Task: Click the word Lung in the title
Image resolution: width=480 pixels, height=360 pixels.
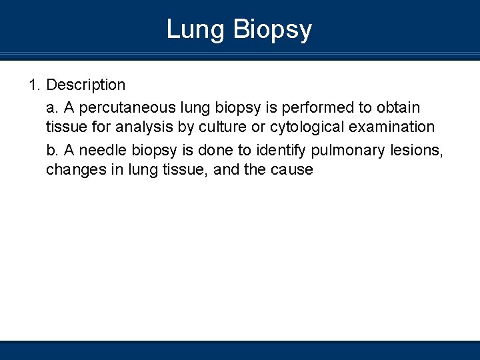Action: coord(195,30)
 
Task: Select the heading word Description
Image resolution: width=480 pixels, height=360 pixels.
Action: coord(86,85)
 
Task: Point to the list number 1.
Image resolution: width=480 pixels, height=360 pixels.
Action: coord(34,85)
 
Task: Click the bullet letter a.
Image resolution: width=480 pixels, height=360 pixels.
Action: coord(51,107)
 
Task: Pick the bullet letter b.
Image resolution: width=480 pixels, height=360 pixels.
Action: coord(51,150)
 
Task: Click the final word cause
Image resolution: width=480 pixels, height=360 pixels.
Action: coord(292,170)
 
